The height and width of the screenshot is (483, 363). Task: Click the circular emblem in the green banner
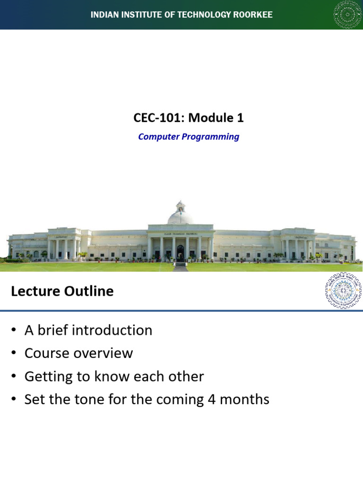[347, 15]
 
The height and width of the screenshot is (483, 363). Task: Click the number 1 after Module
[240, 118]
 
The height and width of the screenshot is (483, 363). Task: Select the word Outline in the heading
[88, 291]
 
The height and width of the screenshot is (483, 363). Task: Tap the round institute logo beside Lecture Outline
[344, 291]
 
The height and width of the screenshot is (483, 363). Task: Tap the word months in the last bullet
[246, 400]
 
